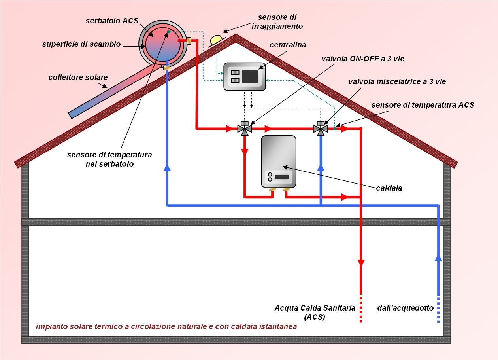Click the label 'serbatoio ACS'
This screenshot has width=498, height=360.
click(112, 21)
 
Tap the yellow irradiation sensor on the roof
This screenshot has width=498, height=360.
click(216, 39)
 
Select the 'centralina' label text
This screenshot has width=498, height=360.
click(288, 45)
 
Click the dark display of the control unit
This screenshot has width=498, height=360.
click(250, 76)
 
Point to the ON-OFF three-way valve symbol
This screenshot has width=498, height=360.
click(244, 129)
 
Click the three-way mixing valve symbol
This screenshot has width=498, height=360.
click(321, 129)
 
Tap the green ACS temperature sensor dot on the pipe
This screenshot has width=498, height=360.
click(334, 128)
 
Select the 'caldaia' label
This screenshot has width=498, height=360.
click(389, 188)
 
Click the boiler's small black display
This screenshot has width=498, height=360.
click(281, 176)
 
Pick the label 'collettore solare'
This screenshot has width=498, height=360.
click(78, 77)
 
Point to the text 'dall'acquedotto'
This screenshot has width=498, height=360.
click(406, 308)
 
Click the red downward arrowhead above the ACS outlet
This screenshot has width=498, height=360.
click(361, 263)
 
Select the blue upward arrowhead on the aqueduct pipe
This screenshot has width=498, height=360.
click(438, 258)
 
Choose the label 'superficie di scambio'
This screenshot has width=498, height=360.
click(81, 44)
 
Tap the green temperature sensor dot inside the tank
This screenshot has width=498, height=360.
click(168, 32)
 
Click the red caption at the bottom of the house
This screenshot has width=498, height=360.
click(166, 327)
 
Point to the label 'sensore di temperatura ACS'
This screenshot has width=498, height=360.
click(423, 105)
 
